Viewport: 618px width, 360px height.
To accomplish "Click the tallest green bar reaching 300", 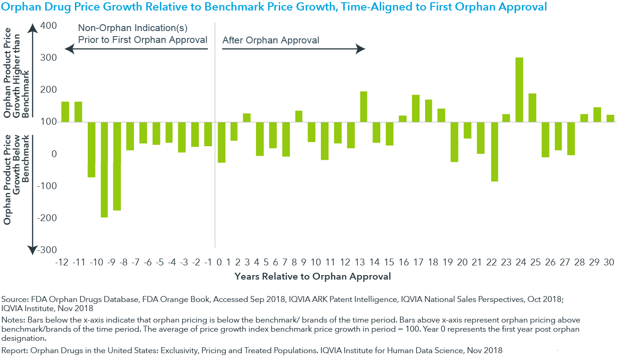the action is (519, 90).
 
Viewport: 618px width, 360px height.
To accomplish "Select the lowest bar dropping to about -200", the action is (104, 169).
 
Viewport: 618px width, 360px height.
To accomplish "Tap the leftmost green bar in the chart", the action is (65, 111).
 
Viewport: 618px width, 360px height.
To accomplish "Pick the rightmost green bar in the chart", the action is (610, 118).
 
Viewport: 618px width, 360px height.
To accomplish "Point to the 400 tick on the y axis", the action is (48, 26).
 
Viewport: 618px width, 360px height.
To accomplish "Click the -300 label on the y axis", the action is (47, 250).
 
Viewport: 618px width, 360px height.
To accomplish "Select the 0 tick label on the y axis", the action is (54, 154).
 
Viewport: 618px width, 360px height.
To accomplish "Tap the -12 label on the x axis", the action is (62, 262).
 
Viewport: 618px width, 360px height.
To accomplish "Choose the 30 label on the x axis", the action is (609, 262).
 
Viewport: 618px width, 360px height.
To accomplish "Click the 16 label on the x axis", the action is (404, 262).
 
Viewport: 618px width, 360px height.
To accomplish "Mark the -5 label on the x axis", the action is (160, 262).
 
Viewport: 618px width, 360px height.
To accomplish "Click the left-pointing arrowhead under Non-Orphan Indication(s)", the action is (69, 49).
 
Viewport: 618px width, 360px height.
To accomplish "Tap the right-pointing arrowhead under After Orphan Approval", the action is (360, 49).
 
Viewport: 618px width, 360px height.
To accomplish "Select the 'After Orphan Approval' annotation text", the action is (271, 40).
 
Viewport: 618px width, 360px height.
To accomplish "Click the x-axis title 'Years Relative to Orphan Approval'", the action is (313, 276).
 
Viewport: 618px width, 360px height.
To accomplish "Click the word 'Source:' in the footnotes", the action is (15, 299).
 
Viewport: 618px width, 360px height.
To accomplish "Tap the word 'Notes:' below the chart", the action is (13, 320).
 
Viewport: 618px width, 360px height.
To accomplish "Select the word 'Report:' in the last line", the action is (15, 350).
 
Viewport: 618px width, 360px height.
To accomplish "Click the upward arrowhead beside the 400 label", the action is (32, 28).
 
